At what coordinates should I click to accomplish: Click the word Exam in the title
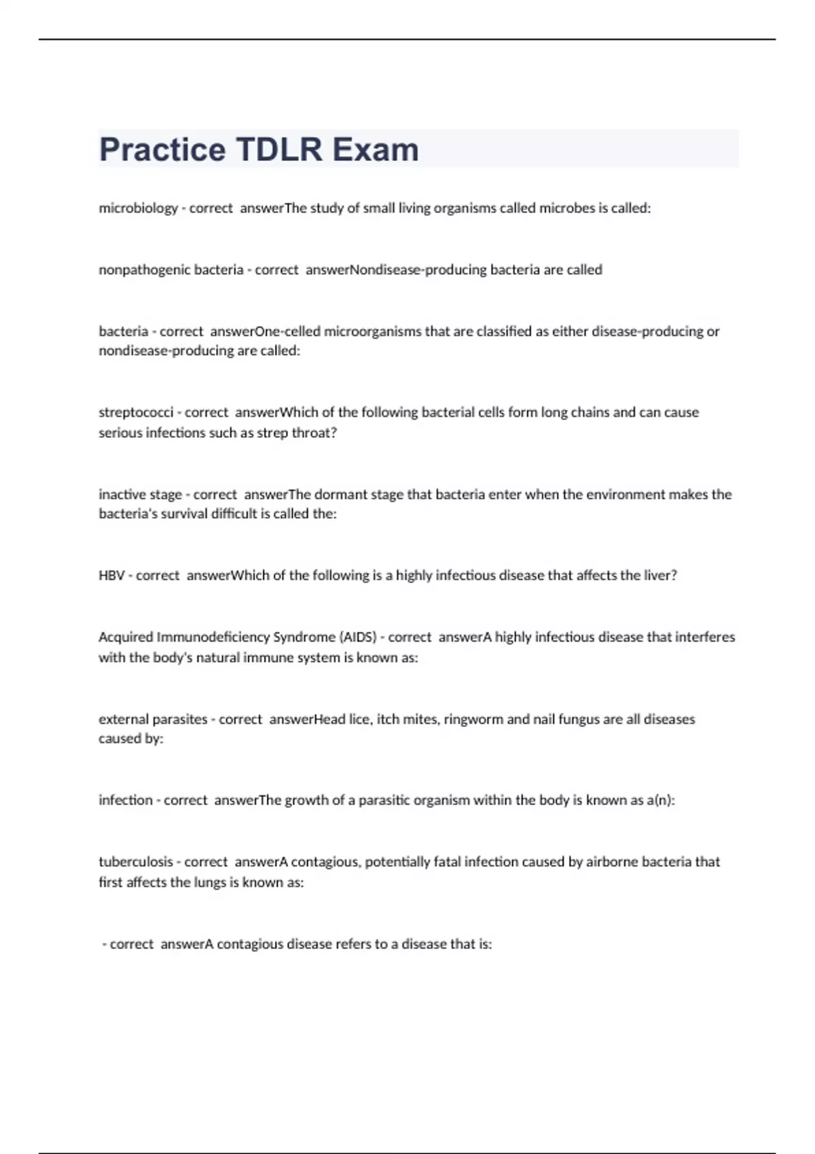point(375,149)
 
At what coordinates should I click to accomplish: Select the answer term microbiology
point(138,208)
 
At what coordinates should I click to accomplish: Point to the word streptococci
point(136,412)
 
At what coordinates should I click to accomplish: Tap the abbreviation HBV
point(111,576)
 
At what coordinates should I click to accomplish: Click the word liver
point(658,576)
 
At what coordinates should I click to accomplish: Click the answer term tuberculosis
point(136,861)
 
